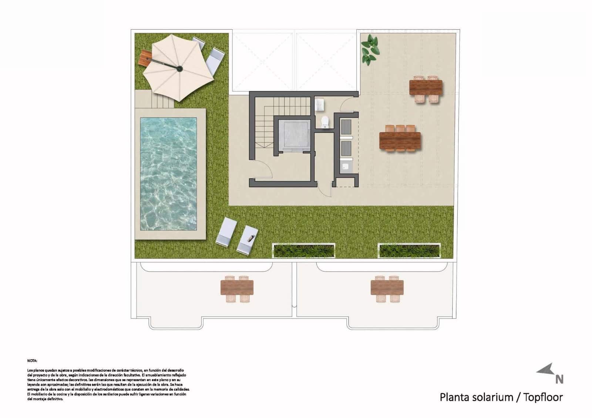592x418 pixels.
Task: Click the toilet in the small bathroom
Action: (x=325, y=122)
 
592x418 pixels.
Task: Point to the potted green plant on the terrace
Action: (x=370, y=48)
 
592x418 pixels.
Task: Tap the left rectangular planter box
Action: (x=304, y=250)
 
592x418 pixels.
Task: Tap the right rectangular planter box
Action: (x=409, y=250)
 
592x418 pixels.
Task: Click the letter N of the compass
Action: (x=559, y=380)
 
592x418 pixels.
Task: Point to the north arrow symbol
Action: (x=546, y=370)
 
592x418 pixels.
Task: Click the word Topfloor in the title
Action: (x=543, y=397)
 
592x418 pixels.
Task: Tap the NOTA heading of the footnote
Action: (x=32, y=360)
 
